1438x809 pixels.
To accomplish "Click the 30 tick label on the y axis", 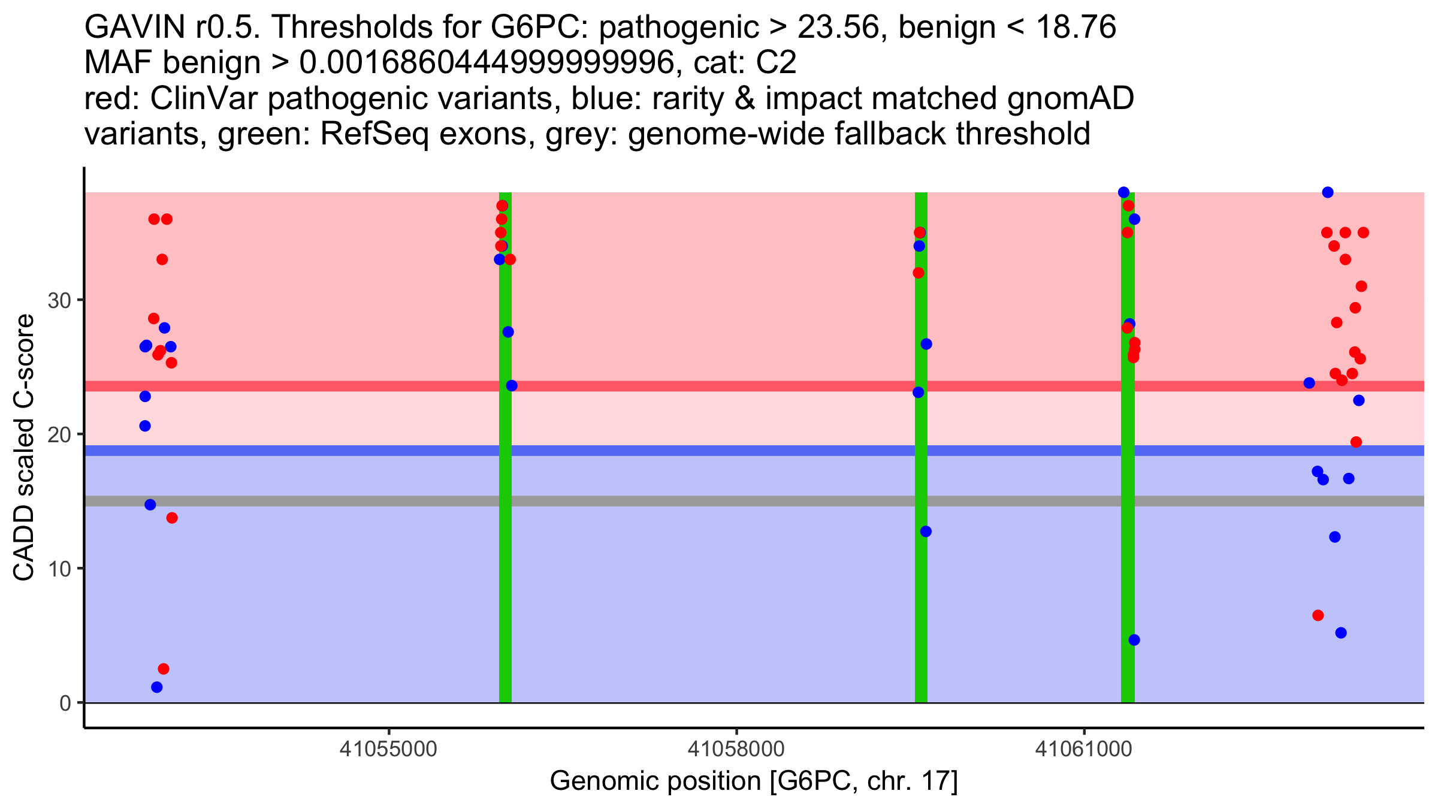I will point(59,300).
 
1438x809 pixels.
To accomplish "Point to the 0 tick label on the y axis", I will point(65,703).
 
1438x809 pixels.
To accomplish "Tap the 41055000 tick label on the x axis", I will point(389,749).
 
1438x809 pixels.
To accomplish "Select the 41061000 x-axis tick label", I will point(1083,749).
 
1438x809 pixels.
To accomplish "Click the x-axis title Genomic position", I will point(754,781).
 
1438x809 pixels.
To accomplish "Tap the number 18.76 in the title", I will point(1076,28).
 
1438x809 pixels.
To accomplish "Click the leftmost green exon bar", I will point(505,539).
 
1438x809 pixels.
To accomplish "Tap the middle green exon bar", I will point(921,599).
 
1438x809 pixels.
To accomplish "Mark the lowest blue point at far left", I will point(157,687).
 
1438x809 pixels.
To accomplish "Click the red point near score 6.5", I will point(1318,615).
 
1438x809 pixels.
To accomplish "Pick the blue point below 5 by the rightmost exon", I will point(1134,640).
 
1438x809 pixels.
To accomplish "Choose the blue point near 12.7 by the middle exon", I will point(926,532).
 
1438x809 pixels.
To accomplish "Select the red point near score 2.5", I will point(164,669).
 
